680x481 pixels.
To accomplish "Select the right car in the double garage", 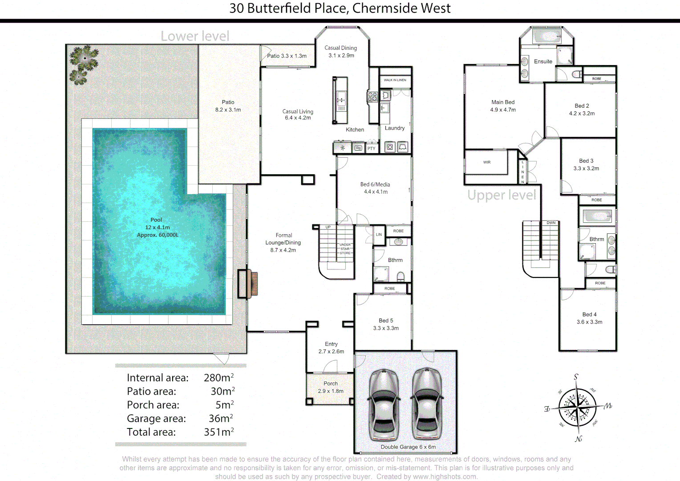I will pos(427,404).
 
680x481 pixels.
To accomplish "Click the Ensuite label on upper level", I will pos(543,61).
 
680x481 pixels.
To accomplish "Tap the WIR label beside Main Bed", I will pos(487,163).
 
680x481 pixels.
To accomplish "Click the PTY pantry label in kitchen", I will pos(371,148).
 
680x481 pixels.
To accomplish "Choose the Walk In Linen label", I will pos(395,80).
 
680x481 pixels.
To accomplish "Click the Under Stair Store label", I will pos(345,249).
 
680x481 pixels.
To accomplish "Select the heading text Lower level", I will pos(195,36).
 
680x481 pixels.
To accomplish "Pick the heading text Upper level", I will pos(502,195).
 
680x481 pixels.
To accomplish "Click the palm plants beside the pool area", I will pos(83,64).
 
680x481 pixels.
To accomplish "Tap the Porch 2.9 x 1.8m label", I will pos(331,387).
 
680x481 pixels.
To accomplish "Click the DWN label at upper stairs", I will pos(551,223).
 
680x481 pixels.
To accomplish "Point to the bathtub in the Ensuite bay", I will pos(547,36).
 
